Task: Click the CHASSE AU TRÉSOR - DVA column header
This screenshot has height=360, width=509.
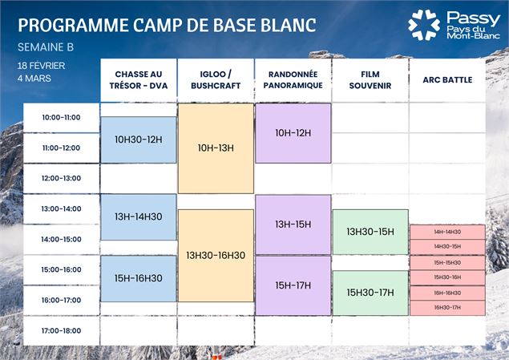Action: click(x=139, y=80)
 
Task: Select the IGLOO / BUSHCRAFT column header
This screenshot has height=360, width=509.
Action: click(x=216, y=80)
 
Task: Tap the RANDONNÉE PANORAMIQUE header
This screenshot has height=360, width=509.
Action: click(x=293, y=80)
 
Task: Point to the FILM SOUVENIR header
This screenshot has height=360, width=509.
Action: click(x=370, y=80)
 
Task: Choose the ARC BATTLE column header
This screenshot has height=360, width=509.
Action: click(x=447, y=80)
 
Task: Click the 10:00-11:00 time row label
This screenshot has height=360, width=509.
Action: click(x=62, y=118)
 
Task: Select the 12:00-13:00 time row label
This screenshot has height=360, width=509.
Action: click(x=62, y=178)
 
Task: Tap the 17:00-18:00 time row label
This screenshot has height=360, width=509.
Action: click(x=62, y=330)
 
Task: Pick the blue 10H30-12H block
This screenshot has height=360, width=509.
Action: click(x=139, y=140)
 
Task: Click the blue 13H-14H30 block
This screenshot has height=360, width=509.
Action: click(x=139, y=216)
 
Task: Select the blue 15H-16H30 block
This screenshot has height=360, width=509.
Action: click(x=139, y=278)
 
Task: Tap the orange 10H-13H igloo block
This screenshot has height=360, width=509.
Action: click(x=216, y=148)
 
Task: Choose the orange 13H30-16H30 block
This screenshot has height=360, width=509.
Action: click(x=216, y=255)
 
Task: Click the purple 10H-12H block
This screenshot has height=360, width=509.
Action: click(x=293, y=133)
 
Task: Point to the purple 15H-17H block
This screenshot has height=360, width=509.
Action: click(x=293, y=285)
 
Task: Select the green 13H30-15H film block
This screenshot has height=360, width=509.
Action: click(x=370, y=232)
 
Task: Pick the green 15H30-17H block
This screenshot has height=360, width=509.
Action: click(x=370, y=293)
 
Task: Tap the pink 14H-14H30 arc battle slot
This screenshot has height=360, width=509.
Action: click(x=447, y=232)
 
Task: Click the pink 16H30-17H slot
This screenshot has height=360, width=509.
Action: click(x=447, y=307)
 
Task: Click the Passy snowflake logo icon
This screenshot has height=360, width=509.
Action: click(x=424, y=25)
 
